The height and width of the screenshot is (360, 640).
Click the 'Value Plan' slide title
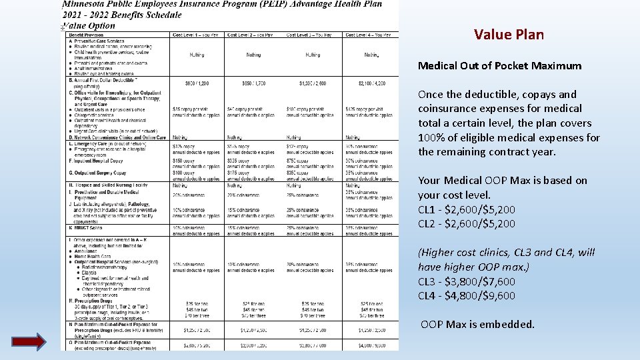[509, 35]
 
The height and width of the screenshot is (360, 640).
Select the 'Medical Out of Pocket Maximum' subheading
[499, 66]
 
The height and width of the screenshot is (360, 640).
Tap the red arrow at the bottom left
[29, 341]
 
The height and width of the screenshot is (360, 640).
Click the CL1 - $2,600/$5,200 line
[467, 209]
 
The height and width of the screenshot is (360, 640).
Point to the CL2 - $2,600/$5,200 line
[467, 224]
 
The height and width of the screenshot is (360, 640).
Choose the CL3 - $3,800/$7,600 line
[467, 281]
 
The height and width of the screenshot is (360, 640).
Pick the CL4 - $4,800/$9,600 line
[467, 296]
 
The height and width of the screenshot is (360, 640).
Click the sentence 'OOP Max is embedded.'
[477, 325]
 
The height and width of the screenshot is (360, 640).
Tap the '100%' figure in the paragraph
[432, 137]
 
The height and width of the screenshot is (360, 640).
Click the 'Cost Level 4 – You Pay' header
[368, 35]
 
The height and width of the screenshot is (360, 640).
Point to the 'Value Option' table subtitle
[88, 25]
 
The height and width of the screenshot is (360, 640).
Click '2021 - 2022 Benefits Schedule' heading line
[121, 15]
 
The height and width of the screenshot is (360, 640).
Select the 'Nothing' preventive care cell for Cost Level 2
[253, 55]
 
